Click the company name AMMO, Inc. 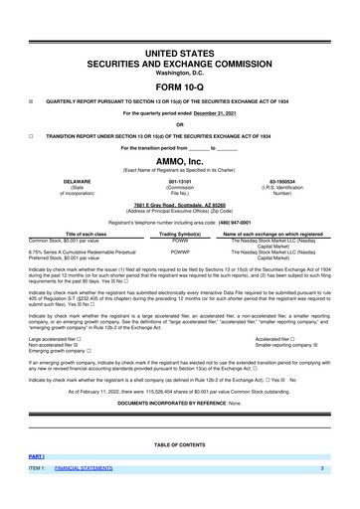coord(180,161)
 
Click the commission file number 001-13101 coord(180,181)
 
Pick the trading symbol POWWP coord(180,254)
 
